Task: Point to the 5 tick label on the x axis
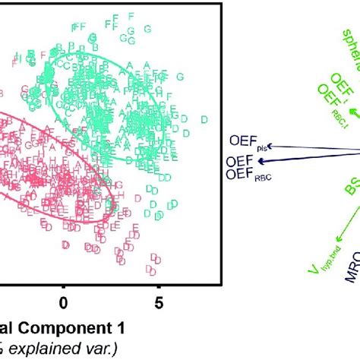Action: click(x=159, y=303)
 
